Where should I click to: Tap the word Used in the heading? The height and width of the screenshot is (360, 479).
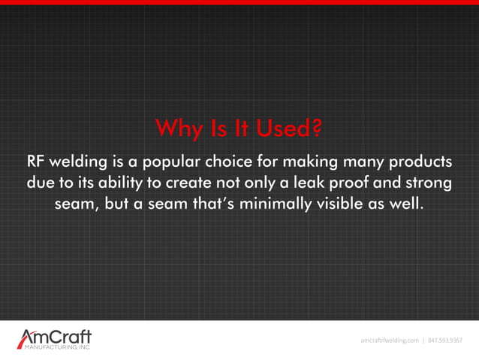pos(282,130)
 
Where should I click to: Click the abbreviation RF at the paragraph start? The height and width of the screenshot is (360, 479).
pos(35,162)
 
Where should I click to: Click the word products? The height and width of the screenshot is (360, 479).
pos(419,162)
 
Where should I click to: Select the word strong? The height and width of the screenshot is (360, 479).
pos(431,183)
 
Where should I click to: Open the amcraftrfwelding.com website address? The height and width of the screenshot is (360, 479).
pos(390,340)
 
